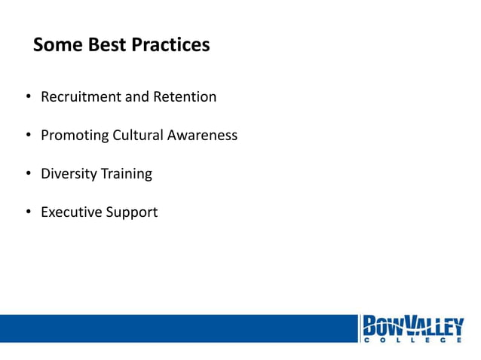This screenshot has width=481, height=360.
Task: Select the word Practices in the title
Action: coord(171,45)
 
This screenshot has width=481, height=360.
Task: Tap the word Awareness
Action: coord(203,136)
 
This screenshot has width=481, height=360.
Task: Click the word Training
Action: coord(126,174)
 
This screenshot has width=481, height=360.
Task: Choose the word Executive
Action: coord(71,212)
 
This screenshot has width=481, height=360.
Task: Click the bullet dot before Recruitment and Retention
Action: coord(27,98)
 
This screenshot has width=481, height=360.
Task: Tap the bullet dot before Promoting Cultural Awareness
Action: coord(27,136)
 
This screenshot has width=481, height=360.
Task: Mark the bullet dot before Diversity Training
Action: coord(27,175)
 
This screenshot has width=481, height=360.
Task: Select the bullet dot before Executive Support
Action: coord(27,213)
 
